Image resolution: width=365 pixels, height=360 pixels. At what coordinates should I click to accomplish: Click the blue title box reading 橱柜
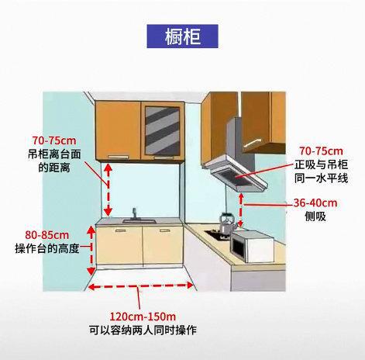coord(182,36)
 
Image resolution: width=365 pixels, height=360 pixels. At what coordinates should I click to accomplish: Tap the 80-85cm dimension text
coord(47,235)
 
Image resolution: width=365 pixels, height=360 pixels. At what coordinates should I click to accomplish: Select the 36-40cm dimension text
coord(315,203)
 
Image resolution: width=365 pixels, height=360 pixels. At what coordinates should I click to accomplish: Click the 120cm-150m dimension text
coord(143,317)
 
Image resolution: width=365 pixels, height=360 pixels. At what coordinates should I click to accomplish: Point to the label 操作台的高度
coord(46,248)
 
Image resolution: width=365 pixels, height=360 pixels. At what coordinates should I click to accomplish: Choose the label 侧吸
coord(315,216)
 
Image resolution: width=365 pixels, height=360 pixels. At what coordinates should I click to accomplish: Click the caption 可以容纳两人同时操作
coord(143,330)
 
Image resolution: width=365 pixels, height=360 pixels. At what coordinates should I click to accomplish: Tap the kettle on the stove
coord(227,222)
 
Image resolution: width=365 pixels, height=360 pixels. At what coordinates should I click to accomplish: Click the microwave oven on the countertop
coord(252,247)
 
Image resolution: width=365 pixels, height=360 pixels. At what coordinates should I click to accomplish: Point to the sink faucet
coord(134,214)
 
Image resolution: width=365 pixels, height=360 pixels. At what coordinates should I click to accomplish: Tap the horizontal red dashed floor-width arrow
coord(140,286)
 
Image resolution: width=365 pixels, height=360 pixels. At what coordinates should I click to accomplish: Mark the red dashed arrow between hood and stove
coord(241,210)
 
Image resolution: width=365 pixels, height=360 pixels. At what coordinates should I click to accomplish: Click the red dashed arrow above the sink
coord(108,190)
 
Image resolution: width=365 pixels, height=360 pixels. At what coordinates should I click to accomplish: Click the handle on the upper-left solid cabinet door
coord(118,157)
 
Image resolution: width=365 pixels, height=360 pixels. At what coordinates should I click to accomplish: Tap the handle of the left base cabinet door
coord(120,230)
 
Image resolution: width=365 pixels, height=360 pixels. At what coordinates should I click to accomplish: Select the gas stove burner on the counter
coord(216,234)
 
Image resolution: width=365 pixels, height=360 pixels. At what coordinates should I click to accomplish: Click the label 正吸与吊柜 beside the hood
coord(321,164)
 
